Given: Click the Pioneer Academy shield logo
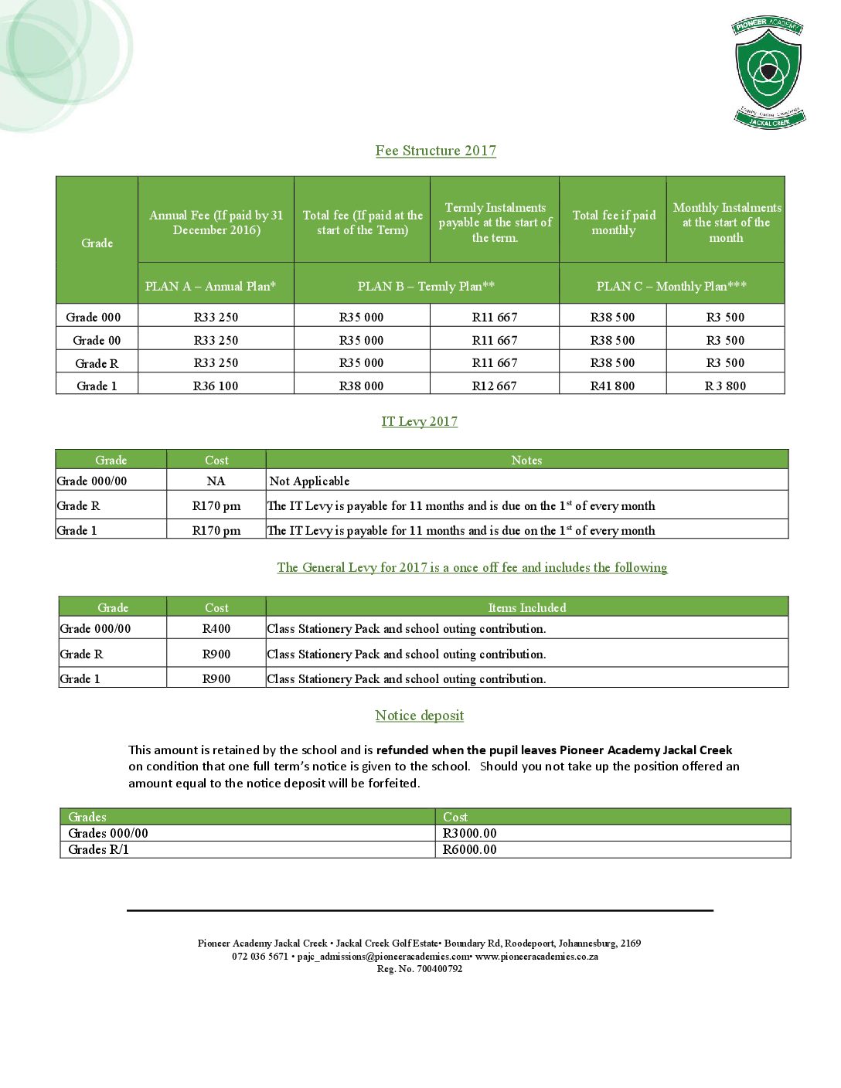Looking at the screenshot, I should pyautogui.click(x=768, y=72).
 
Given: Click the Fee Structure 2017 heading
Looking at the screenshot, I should pyautogui.click(x=436, y=151).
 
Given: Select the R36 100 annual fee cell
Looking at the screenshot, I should pyautogui.click(x=216, y=386).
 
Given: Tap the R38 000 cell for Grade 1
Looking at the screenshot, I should pyautogui.click(x=361, y=386).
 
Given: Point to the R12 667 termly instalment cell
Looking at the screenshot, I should pyautogui.click(x=495, y=386).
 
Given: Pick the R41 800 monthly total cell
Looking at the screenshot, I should pyautogui.click(x=612, y=386).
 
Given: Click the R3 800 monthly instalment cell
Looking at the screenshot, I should pyautogui.click(x=725, y=386).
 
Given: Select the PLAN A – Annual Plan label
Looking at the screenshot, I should pyautogui.click(x=210, y=286).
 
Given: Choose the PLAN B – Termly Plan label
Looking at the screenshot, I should pyautogui.click(x=426, y=286).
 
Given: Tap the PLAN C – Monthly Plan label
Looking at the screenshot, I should pyautogui.click(x=671, y=286).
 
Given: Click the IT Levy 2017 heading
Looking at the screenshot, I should pyautogui.click(x=420, y=421).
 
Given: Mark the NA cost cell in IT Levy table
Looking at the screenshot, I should pyautogui.click(x=216, y=481).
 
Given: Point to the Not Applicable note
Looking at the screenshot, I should pyautogui.click(x=309, y=481).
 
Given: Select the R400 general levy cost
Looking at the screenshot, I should pyautogui.click(x=216, y=628).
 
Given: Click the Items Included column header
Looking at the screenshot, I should pyautogui.click(x=527, y=607).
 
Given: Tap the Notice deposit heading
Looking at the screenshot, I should pyautogui.click(x=420, y=716).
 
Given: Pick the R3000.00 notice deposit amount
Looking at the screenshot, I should pyautogui.click(x=469, y=833).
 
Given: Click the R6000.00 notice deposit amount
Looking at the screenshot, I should pyautogui.click(x=469, y=849).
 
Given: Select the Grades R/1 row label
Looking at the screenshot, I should pyautogui.click(x=98, y=849).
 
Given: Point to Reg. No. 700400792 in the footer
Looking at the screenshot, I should pyautogui.click(x=420, y=969).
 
